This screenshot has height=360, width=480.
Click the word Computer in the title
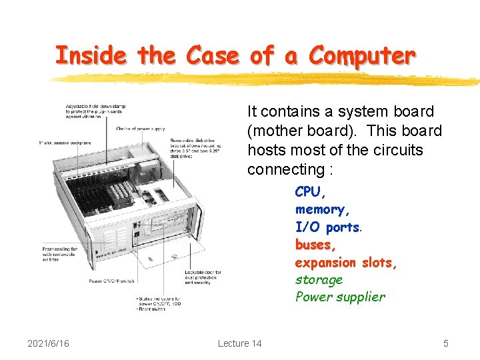click(362, 55)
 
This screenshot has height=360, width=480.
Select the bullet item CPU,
click(310, 192)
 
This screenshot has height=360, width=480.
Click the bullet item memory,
click(322, 209)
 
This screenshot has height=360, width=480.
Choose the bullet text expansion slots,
click(346, 263)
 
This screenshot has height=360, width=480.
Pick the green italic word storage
click(319, 280)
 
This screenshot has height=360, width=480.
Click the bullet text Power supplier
click(340, 297)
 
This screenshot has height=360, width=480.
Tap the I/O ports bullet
click(327, 227)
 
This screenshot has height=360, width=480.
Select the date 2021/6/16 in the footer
click(48, 343)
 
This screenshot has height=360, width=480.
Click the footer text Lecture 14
click(239, 343)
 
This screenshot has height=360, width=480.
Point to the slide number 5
click(446, 343)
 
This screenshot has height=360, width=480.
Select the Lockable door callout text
click(203, 277)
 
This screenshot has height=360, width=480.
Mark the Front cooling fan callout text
click(61, 255)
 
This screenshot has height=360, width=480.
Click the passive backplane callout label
click(63, 143)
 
